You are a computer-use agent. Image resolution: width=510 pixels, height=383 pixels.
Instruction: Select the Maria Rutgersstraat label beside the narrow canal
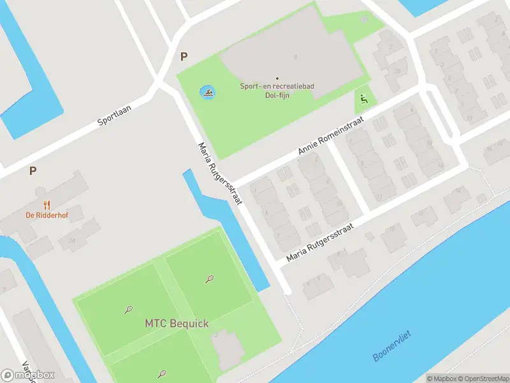(220, 173)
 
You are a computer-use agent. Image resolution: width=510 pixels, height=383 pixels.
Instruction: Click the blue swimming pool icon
(208, 94)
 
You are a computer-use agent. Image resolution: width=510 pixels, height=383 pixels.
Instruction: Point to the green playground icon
(363, 100)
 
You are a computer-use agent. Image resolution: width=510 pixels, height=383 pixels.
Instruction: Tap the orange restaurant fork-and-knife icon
(47, 205)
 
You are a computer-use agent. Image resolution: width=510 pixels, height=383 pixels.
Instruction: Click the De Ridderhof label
(47, 215)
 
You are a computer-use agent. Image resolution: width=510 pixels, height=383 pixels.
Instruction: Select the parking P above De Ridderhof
(33, 170)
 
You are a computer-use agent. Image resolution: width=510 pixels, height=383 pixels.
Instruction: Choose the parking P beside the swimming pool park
(184, 56)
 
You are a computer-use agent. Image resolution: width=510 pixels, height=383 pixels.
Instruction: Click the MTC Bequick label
(176, 324)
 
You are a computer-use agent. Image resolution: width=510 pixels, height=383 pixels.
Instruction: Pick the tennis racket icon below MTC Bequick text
(162, 373)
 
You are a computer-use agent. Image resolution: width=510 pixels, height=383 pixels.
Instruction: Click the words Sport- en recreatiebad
(277, 86)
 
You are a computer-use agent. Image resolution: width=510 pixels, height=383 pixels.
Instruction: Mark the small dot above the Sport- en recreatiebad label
(277, 79)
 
